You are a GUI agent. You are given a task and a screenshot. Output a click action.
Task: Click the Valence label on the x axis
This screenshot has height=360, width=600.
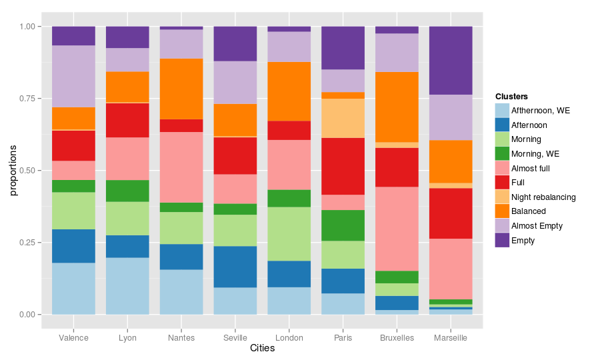point(73,338)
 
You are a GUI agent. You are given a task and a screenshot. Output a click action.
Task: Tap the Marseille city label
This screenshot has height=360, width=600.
point(450,338)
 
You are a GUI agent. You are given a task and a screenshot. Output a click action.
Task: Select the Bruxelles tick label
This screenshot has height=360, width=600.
point(397,338)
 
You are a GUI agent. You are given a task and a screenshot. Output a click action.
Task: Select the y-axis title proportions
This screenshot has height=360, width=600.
point(13,170)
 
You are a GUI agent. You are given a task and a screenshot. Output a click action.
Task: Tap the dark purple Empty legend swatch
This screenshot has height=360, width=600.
point(503,241)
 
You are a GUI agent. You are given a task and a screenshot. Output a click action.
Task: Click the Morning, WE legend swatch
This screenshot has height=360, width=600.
point(503,154)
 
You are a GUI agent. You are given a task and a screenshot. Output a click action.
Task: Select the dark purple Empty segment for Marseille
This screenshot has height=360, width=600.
point(450,61)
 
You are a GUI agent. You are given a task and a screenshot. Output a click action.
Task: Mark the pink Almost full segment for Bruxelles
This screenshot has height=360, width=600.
point(397,229)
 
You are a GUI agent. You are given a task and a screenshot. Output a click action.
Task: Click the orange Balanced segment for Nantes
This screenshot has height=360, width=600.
point(181,89)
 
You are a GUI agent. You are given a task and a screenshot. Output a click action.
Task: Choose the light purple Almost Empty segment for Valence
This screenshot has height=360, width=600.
point(73,77)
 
